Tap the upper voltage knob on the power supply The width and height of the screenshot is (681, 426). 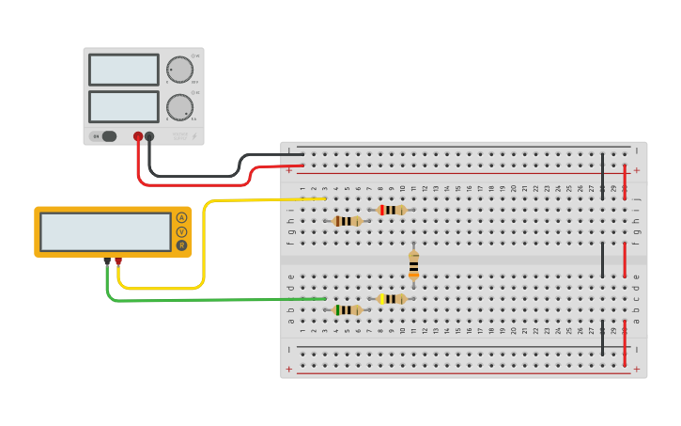pos(179,70)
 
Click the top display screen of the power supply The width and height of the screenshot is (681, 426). pos(124,70)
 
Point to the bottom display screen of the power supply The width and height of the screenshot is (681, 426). pos(124,106)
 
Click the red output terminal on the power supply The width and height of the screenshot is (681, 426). pos(138,136)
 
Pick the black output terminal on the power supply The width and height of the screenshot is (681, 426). pos(149,136)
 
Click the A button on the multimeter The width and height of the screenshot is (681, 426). pos(181,217)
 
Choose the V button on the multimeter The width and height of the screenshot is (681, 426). pos(181,231)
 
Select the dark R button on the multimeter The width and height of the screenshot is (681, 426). pos(181,245)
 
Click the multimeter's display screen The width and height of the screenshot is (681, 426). pos(105,231)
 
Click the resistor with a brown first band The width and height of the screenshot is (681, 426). pos(348,221)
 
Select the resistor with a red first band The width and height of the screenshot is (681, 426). pos(392,210)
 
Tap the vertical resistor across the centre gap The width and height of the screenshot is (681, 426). pos(413,265)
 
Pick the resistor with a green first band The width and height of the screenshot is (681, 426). pos(348,309)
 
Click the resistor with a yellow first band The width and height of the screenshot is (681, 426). pos(392,298)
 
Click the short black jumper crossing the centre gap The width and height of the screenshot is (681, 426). pos(603,260)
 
